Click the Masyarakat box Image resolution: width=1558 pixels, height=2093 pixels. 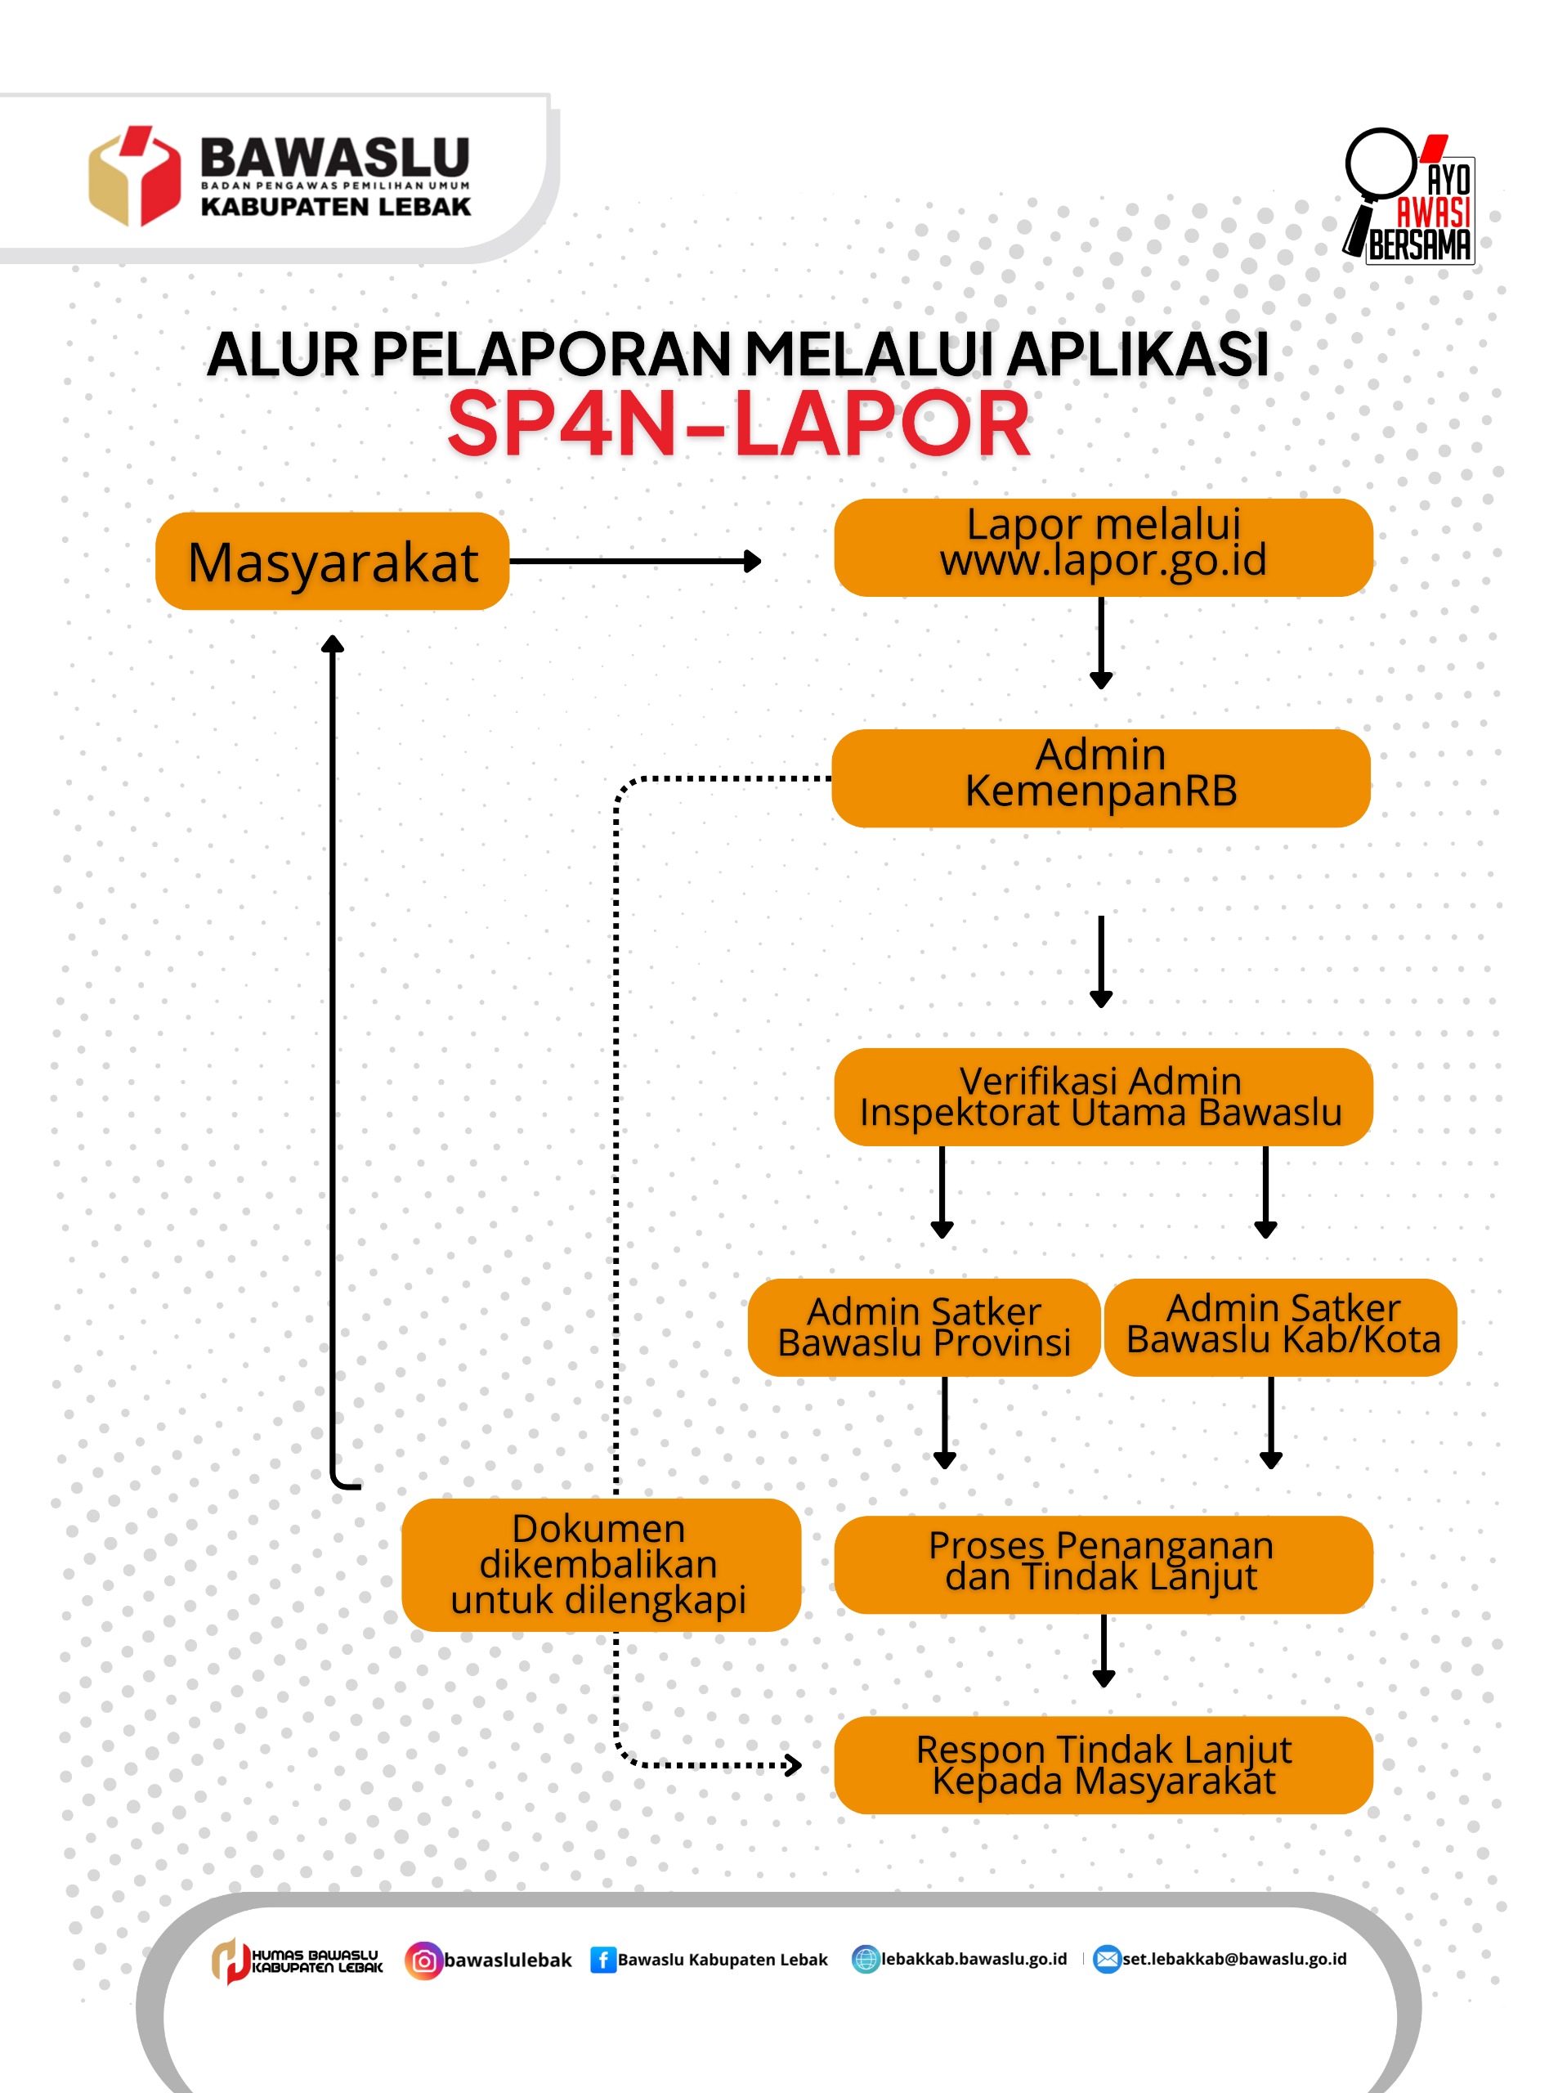pos(332,561)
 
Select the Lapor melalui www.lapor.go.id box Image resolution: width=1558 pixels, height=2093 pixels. pos(1104,547)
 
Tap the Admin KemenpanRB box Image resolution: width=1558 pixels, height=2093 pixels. pos(1100,778)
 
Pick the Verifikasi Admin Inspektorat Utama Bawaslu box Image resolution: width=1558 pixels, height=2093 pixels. pos(1104,1097)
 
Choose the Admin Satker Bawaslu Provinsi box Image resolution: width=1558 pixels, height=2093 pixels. pos(925,1327)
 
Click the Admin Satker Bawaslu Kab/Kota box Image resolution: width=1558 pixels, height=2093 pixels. pos(1281,1327)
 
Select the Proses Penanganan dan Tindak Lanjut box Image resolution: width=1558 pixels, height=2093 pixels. pos(1104,1565)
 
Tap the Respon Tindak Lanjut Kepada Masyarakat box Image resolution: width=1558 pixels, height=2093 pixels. pos(1104,1765)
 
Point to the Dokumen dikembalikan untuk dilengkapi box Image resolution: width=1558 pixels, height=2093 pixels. pos(601,1565)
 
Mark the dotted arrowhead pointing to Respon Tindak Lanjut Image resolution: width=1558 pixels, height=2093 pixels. pos(793,1764)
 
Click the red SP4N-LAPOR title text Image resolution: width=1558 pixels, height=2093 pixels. pos(738,424)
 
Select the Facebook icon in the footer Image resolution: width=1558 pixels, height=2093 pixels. pos(602,1960)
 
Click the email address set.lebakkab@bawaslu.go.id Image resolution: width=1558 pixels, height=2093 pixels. pos(1234,1959)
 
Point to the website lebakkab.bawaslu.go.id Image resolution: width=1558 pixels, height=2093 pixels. pos(974,1959)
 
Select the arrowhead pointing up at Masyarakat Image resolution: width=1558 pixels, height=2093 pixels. pos(332,644)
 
